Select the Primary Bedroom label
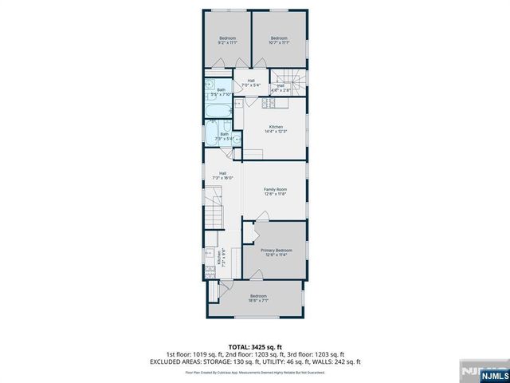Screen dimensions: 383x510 point(276,253)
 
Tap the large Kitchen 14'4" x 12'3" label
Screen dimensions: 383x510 point(276,129)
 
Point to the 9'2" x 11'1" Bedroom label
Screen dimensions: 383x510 point(228,41)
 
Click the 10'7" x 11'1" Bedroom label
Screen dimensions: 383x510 point(278,41)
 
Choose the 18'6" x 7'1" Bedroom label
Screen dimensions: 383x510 point(257,299)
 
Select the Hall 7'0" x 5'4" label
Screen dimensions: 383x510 point(250,82)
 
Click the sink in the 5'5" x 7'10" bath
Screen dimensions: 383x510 point(209,82)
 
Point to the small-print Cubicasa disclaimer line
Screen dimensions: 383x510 point(254,372)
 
